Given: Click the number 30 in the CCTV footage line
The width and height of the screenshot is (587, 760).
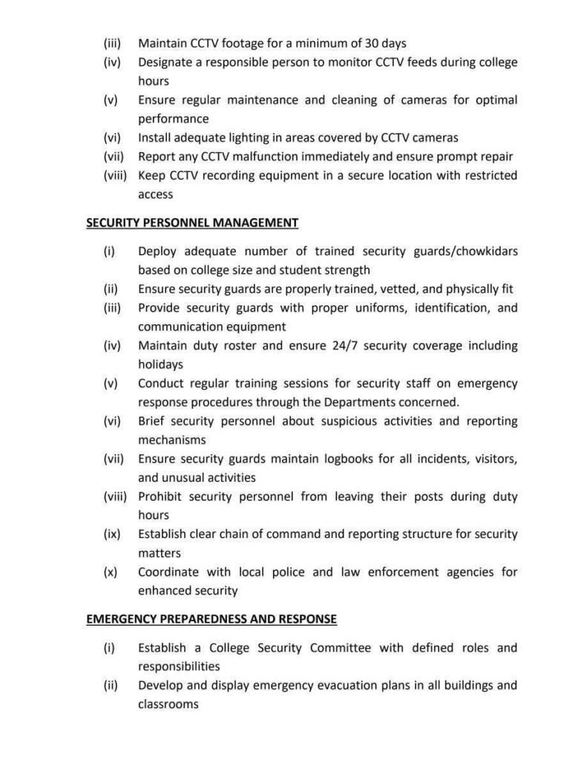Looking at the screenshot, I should coord(361,44).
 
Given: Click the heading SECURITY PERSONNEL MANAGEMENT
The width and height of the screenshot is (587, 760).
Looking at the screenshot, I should coord(192,223).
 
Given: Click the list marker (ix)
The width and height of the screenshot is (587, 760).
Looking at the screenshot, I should coord(112,534).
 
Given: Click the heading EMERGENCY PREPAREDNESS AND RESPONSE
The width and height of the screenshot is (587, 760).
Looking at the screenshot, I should coord(211,618).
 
